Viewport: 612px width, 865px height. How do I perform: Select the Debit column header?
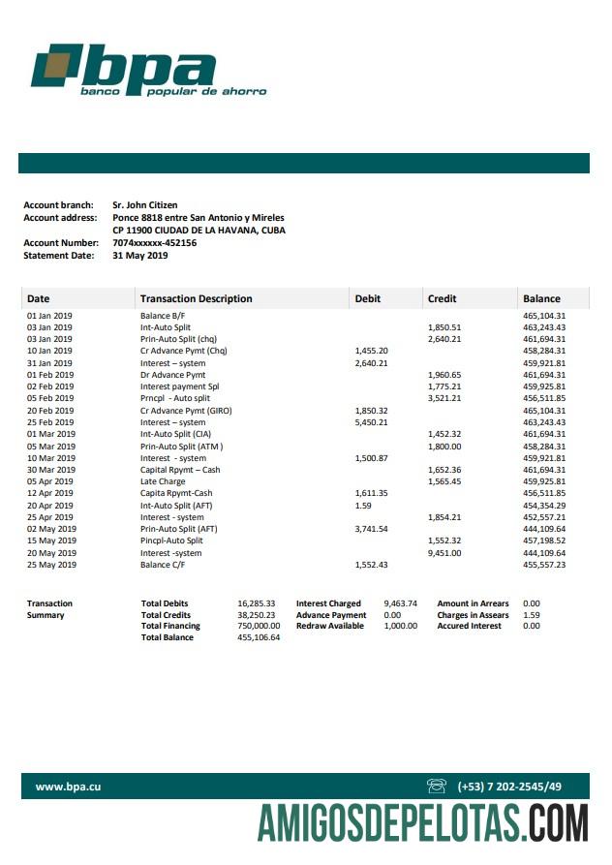coord(368,298)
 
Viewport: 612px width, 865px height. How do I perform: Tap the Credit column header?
coord(442,298)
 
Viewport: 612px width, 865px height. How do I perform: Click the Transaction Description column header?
coord(196,298)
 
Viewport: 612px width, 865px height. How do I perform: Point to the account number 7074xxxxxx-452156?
coord(155,243)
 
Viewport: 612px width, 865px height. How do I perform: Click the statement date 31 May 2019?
coord(140,256)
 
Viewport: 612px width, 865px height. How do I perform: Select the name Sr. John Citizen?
coord(145,205)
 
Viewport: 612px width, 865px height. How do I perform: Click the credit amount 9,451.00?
coord(444,553)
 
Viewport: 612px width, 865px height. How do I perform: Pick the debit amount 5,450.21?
coord(372,422)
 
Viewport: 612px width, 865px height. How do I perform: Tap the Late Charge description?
coord(163,481)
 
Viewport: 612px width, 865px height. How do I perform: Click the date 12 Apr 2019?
coord(50,493)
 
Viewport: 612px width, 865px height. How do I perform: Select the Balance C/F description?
coord(163,565)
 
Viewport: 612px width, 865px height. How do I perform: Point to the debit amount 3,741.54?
coord(372,529)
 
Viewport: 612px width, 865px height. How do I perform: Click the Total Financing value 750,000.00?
coord(259,626)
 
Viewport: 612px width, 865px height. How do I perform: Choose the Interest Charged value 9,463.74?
coord(400,603)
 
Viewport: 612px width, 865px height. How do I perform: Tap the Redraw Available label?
coord(330,626)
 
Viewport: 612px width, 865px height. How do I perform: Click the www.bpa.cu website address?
coord(68,787)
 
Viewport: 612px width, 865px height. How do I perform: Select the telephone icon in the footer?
coord(436,786)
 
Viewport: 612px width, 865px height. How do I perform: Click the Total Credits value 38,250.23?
coord(257,615)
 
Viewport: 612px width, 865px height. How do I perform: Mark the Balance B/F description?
coord(163,316)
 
